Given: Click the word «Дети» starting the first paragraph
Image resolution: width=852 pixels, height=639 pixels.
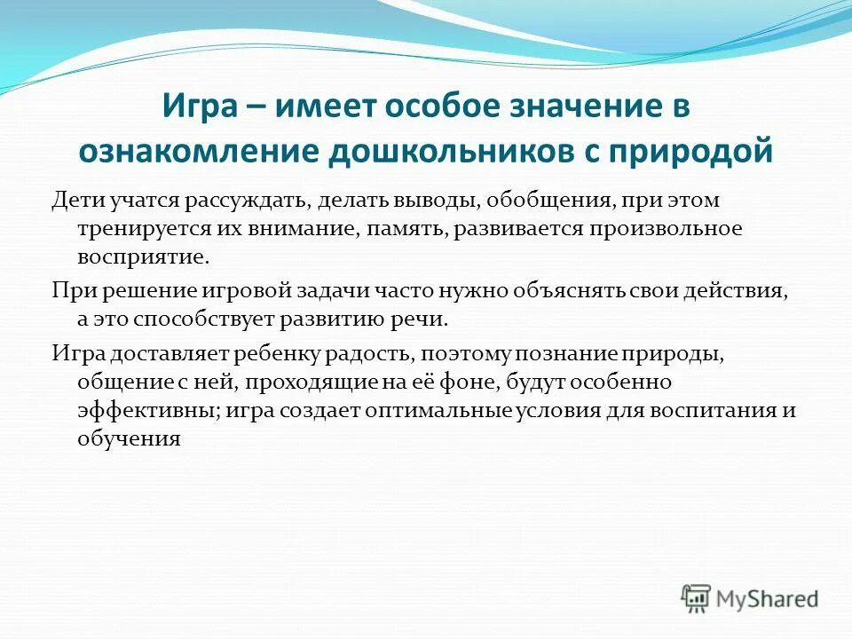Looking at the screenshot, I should click(x=74, y=201).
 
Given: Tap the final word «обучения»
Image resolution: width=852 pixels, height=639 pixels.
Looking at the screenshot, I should click(x=129, y=438).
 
